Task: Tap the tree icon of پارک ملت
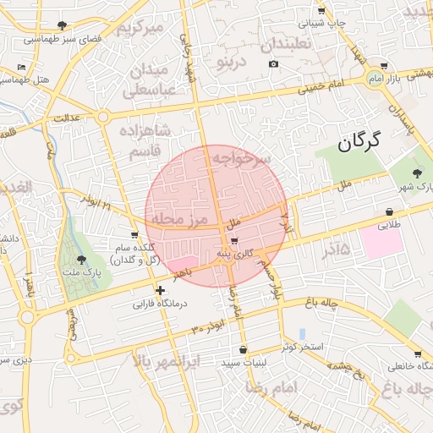click(81, 260)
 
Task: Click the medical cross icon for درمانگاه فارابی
click(160, 290)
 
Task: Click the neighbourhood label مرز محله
click(178, 219)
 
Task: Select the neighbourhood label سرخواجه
click(240, 158)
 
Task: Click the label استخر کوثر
click(301, 348)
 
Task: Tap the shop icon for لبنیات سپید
click(244, 349)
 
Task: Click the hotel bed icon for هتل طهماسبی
click(21, 68)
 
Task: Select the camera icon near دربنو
click(273, 64)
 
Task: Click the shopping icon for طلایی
click(388, 211)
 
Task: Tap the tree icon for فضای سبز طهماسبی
click(62, 25)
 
